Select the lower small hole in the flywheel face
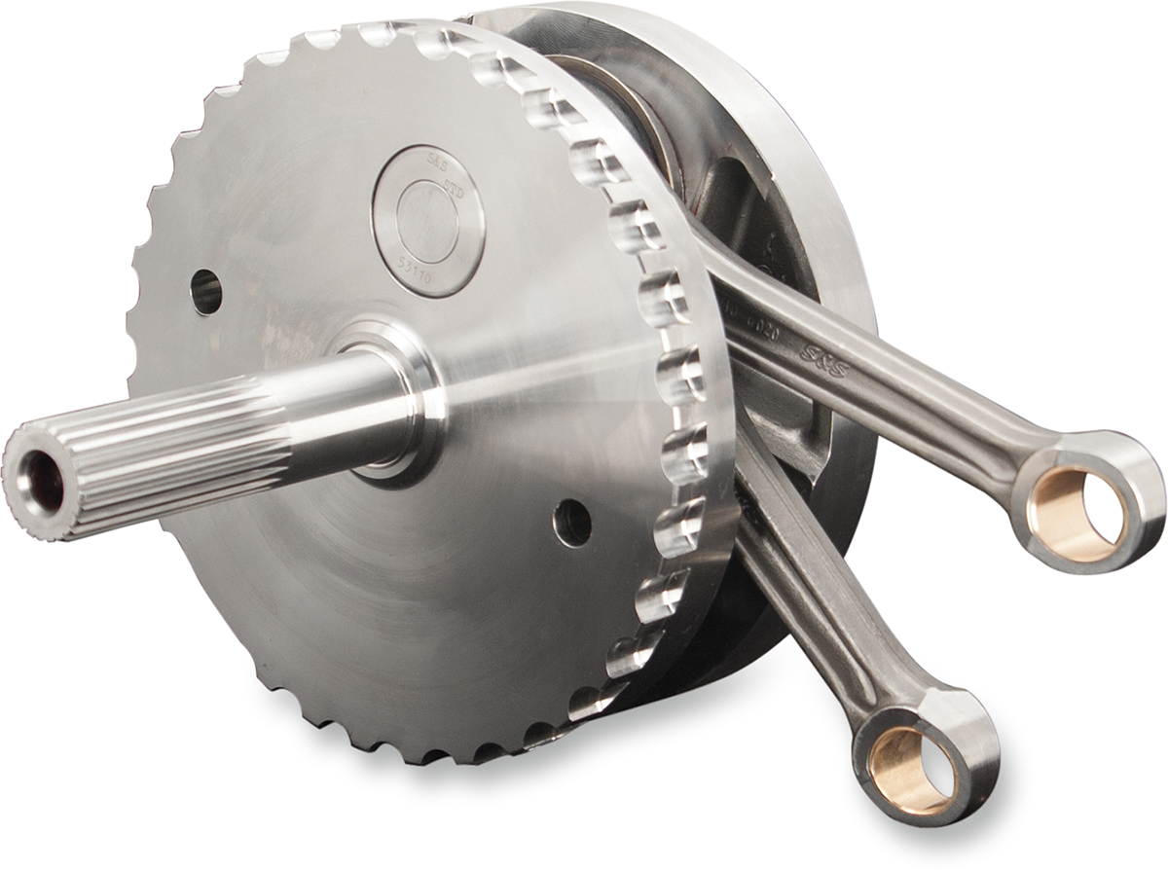572,523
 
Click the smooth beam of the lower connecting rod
818,603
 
